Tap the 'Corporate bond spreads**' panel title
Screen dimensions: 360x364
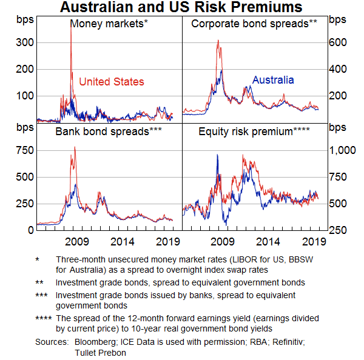point(254,24)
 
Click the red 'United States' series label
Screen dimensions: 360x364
point(112,81)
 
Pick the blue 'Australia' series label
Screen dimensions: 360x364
point(273,80)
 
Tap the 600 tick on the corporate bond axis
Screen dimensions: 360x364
point(337,43)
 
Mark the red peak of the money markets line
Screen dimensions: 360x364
point(72,25)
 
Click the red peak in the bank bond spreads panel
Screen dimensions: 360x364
point(75,147)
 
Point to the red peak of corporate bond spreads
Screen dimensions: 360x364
point(218,41)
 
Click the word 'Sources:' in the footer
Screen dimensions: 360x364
point(52,342)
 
